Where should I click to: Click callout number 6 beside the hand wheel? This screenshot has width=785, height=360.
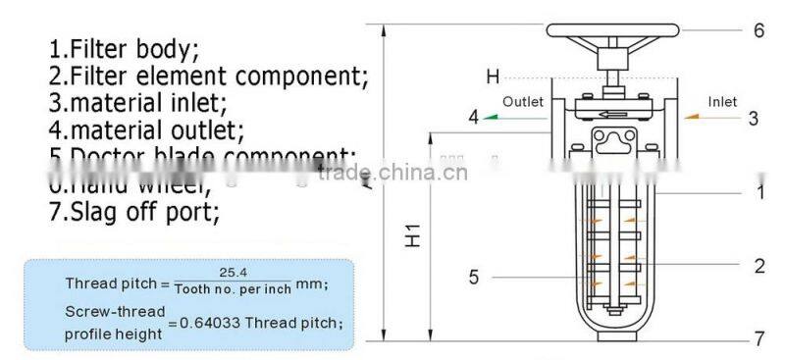coord(759,30)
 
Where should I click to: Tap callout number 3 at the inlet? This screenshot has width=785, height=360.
coord(754,118)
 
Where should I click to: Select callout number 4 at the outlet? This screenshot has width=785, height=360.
coord(473,118)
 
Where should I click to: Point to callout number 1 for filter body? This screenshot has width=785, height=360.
coord(761,193)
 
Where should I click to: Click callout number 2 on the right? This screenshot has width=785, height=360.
coord(759,265)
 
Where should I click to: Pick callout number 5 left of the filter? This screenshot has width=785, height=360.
coord(474,278)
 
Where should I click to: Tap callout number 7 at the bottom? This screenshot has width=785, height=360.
coord(759,340)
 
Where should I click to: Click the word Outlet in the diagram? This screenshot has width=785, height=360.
coord(522,101)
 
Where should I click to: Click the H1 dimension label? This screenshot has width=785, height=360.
coord(414,235)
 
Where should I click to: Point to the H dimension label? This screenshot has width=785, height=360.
coord(493,77)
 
